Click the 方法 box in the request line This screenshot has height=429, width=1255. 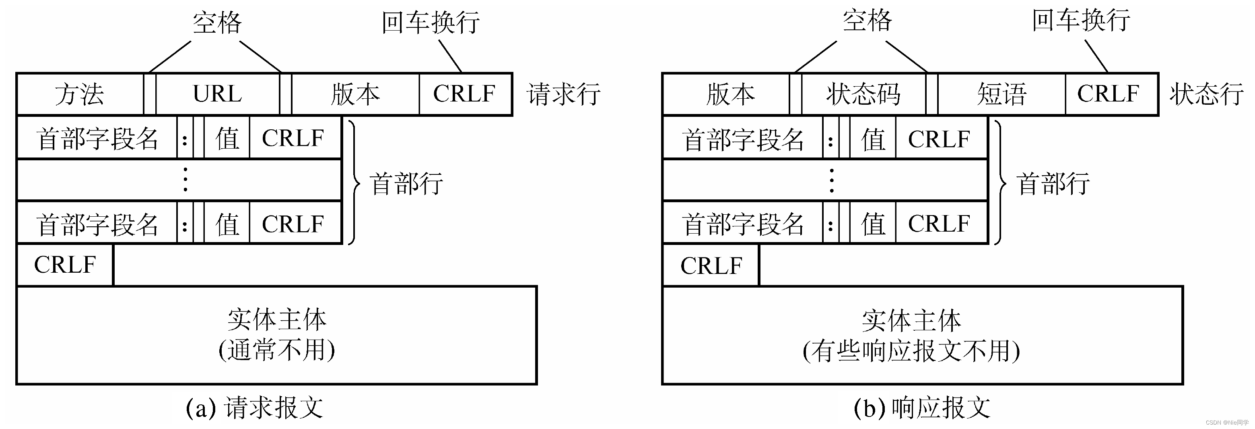(79, 94)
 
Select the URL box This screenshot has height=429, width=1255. (217, 94)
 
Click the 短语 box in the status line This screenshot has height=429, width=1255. (1001, 94)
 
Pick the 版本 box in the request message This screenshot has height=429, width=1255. (355, 94)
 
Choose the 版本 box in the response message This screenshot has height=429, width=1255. (730, 94)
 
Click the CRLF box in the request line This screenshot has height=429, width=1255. (464, 94)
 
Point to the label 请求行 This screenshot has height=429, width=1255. (563, 94)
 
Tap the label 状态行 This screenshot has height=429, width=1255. (1206, 94)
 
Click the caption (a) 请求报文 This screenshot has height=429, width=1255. (254, 408)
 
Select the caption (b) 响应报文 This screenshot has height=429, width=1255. (922, 408)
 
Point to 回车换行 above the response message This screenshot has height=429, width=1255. (1081, 21)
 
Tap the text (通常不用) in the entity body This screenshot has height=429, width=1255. (277, 350)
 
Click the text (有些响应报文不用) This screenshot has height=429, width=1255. (911, 351)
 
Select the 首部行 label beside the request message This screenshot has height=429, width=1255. (406, 184)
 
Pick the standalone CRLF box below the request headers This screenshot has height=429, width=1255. (65, 265)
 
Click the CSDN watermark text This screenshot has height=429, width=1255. (1228, 423)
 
